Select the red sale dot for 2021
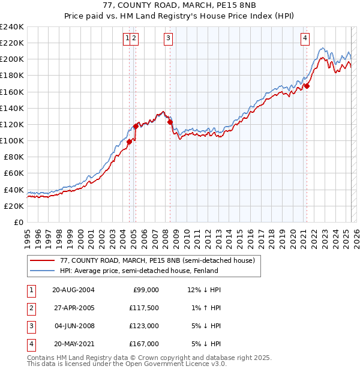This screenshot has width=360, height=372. point(307,86)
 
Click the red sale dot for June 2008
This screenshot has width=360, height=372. point(170,122)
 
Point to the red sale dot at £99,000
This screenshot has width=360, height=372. point(130,142)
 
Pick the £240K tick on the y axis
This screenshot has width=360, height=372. point(12,27)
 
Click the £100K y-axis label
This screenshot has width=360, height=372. point(12,140)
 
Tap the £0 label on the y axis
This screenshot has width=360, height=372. point(19,222)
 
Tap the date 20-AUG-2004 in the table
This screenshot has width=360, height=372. point(73,290)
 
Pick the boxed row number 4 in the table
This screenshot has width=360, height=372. point(31,344)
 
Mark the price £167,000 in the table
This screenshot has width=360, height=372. point(144,344)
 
